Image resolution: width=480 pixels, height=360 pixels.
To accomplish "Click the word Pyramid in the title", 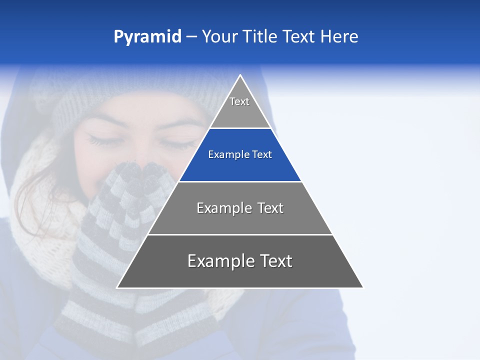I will pos(147,37).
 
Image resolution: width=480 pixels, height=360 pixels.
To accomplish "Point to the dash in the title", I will pos(191,37).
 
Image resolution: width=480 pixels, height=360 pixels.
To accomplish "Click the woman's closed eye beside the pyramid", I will pos(105,140).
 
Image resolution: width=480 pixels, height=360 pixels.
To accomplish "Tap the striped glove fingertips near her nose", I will pos(132,172).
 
